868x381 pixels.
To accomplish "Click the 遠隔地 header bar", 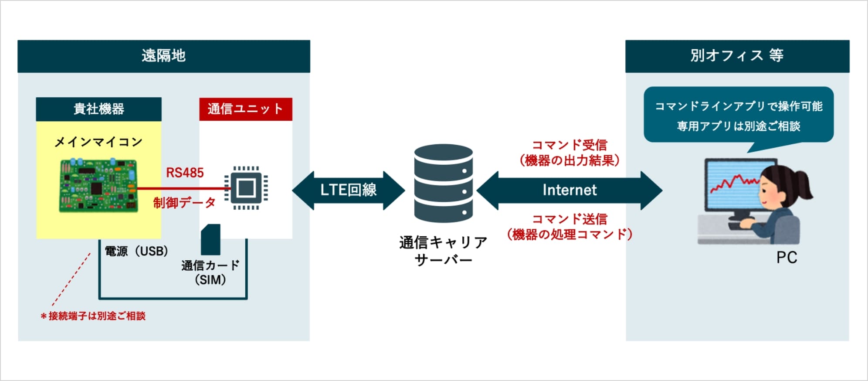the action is point(164,56).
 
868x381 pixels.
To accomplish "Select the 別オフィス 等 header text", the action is point(737,56).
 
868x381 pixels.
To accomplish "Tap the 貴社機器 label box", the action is point(98,109).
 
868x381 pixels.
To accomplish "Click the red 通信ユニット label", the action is point(246,109).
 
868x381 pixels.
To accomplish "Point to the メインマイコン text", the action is point(98,142).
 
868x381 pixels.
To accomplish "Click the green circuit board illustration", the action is point(98,186).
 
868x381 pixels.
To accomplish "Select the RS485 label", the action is point(185,173).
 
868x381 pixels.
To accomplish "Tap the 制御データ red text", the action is point(184,203).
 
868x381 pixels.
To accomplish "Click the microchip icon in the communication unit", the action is point(246,188).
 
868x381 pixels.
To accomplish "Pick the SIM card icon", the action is point(210,240).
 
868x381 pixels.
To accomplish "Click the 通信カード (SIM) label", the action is point(210,272).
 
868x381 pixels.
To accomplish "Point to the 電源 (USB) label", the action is point(136,251).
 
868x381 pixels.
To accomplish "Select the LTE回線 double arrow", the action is point(349,190).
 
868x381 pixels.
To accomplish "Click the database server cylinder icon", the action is point(444,184).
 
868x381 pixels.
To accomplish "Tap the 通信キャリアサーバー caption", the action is point(444,251).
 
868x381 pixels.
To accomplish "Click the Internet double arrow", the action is point(570,190).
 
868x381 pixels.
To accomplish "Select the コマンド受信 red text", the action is point(570,145).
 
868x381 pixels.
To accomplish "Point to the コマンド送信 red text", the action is point(570,219).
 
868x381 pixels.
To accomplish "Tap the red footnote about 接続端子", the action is point(93,316).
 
